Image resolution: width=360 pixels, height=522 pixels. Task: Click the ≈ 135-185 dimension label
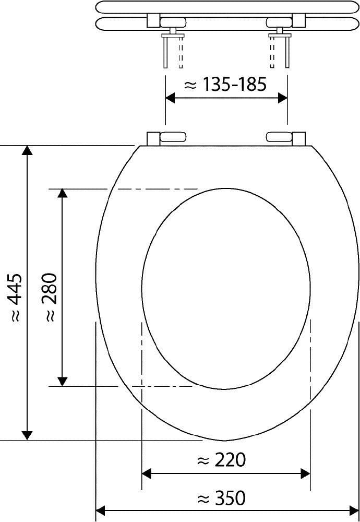(x=226, y=85)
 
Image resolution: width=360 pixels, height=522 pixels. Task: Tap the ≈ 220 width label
(x=221, y=460)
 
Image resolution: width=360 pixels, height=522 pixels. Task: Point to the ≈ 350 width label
(x=221, y=498)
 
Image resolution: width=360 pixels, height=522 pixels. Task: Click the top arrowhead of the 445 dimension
(x=28, y=150)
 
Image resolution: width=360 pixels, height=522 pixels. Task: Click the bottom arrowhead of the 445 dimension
(x=28, y=435)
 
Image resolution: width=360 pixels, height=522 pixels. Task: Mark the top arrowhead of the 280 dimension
(x=63, y=194)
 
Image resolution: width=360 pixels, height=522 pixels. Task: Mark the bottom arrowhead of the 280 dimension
(x=63, y=381)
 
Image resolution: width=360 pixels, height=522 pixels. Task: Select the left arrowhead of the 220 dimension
(x=147, y=473)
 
